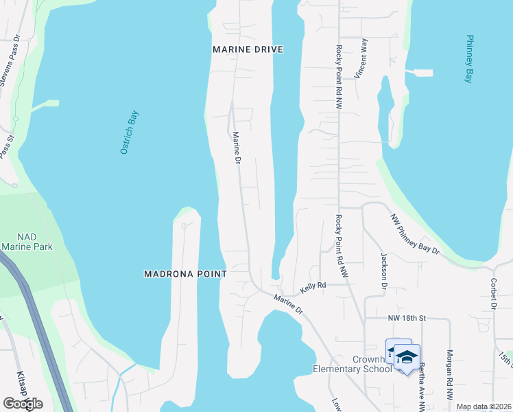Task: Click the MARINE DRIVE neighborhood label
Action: coord(248,49)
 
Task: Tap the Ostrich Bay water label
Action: coord(129,132)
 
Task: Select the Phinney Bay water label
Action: coord(470,59)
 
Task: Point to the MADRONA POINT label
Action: coord(185,273)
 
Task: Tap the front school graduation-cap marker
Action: coord(407,358)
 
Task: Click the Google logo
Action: coord(23,404)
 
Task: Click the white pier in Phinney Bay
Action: coord(420,72)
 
